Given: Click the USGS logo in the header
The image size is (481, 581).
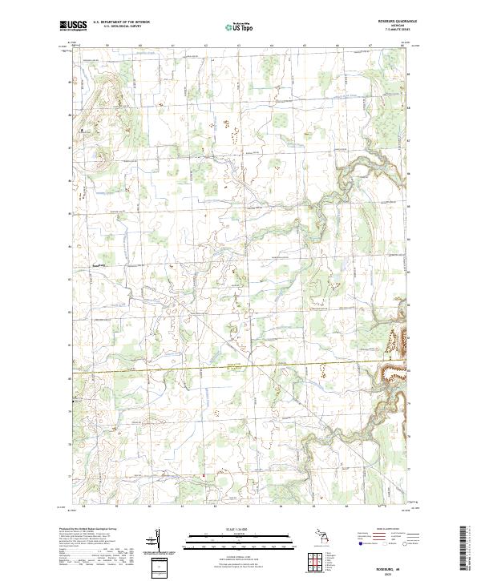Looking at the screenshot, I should point(74,26).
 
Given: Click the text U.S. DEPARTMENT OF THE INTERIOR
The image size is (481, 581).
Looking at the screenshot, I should point(121,22).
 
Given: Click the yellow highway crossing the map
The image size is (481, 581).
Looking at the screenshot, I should point(240,365).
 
